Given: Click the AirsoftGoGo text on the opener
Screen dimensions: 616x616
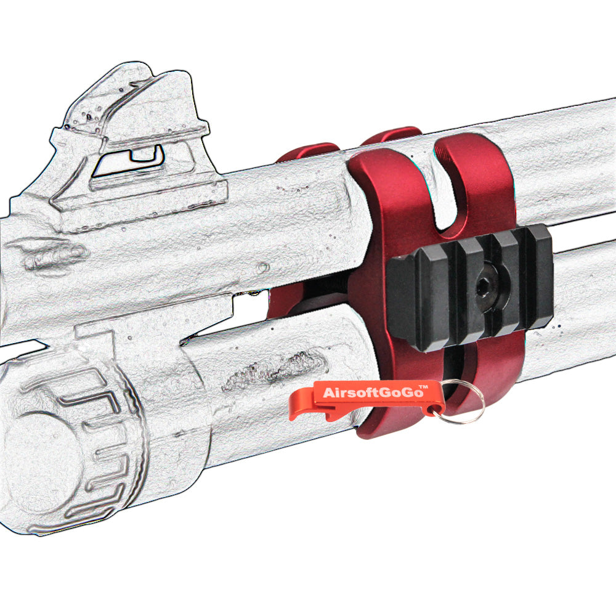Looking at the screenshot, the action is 371,392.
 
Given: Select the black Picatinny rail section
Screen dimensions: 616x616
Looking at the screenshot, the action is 469,287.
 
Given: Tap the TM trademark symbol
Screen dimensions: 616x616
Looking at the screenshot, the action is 424,387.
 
